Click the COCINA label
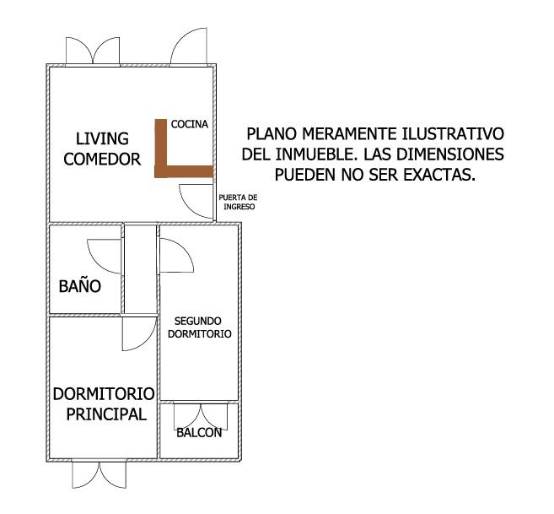[x=190, y=124]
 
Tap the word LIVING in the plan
[x=102, y=138]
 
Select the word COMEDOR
[x=102, y=160]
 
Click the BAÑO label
[x=80, y=286]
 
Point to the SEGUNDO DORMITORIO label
[x=199, y=327]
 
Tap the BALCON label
[x=199, y=432]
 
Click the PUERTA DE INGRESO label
[x=238, y=202]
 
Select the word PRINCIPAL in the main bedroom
[x=106, y=414]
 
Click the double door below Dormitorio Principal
[x=100, y=474]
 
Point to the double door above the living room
[x=93, y=51]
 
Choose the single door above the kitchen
[x=189, y=46]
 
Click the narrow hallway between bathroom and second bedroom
[x=141, y=269]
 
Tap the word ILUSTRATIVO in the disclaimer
[x=453, y=133]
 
